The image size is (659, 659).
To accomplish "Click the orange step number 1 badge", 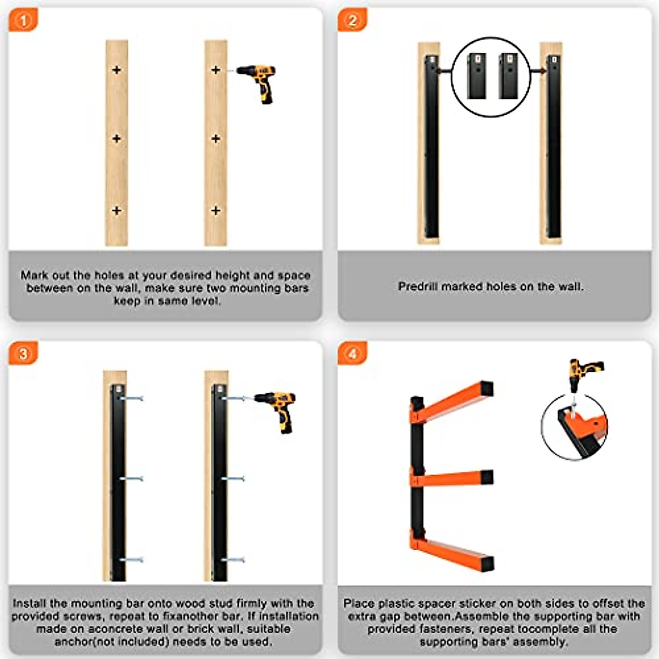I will [x=23, y=21].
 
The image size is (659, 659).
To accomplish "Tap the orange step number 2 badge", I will [x=352, y=21].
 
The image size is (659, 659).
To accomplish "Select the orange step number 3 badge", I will [x=23, y=353].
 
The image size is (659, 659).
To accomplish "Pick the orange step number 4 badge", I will [x=352, y=353].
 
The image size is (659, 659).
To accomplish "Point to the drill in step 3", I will [x=278, y=409].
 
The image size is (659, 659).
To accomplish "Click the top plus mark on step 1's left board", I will [x=116, y=70].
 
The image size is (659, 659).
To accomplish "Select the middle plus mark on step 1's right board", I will [x=216, y=138].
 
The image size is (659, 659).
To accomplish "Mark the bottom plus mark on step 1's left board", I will [x=116, y=210].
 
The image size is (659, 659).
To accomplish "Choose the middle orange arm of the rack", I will [x=453, y=478].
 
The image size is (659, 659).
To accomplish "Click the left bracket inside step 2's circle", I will [x=476, y=76].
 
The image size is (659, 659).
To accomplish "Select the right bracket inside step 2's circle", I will [x=508, y=76].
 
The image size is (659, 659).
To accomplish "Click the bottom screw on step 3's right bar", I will [x=233, y=560].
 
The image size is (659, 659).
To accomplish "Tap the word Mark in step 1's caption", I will [x=33, y=275].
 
